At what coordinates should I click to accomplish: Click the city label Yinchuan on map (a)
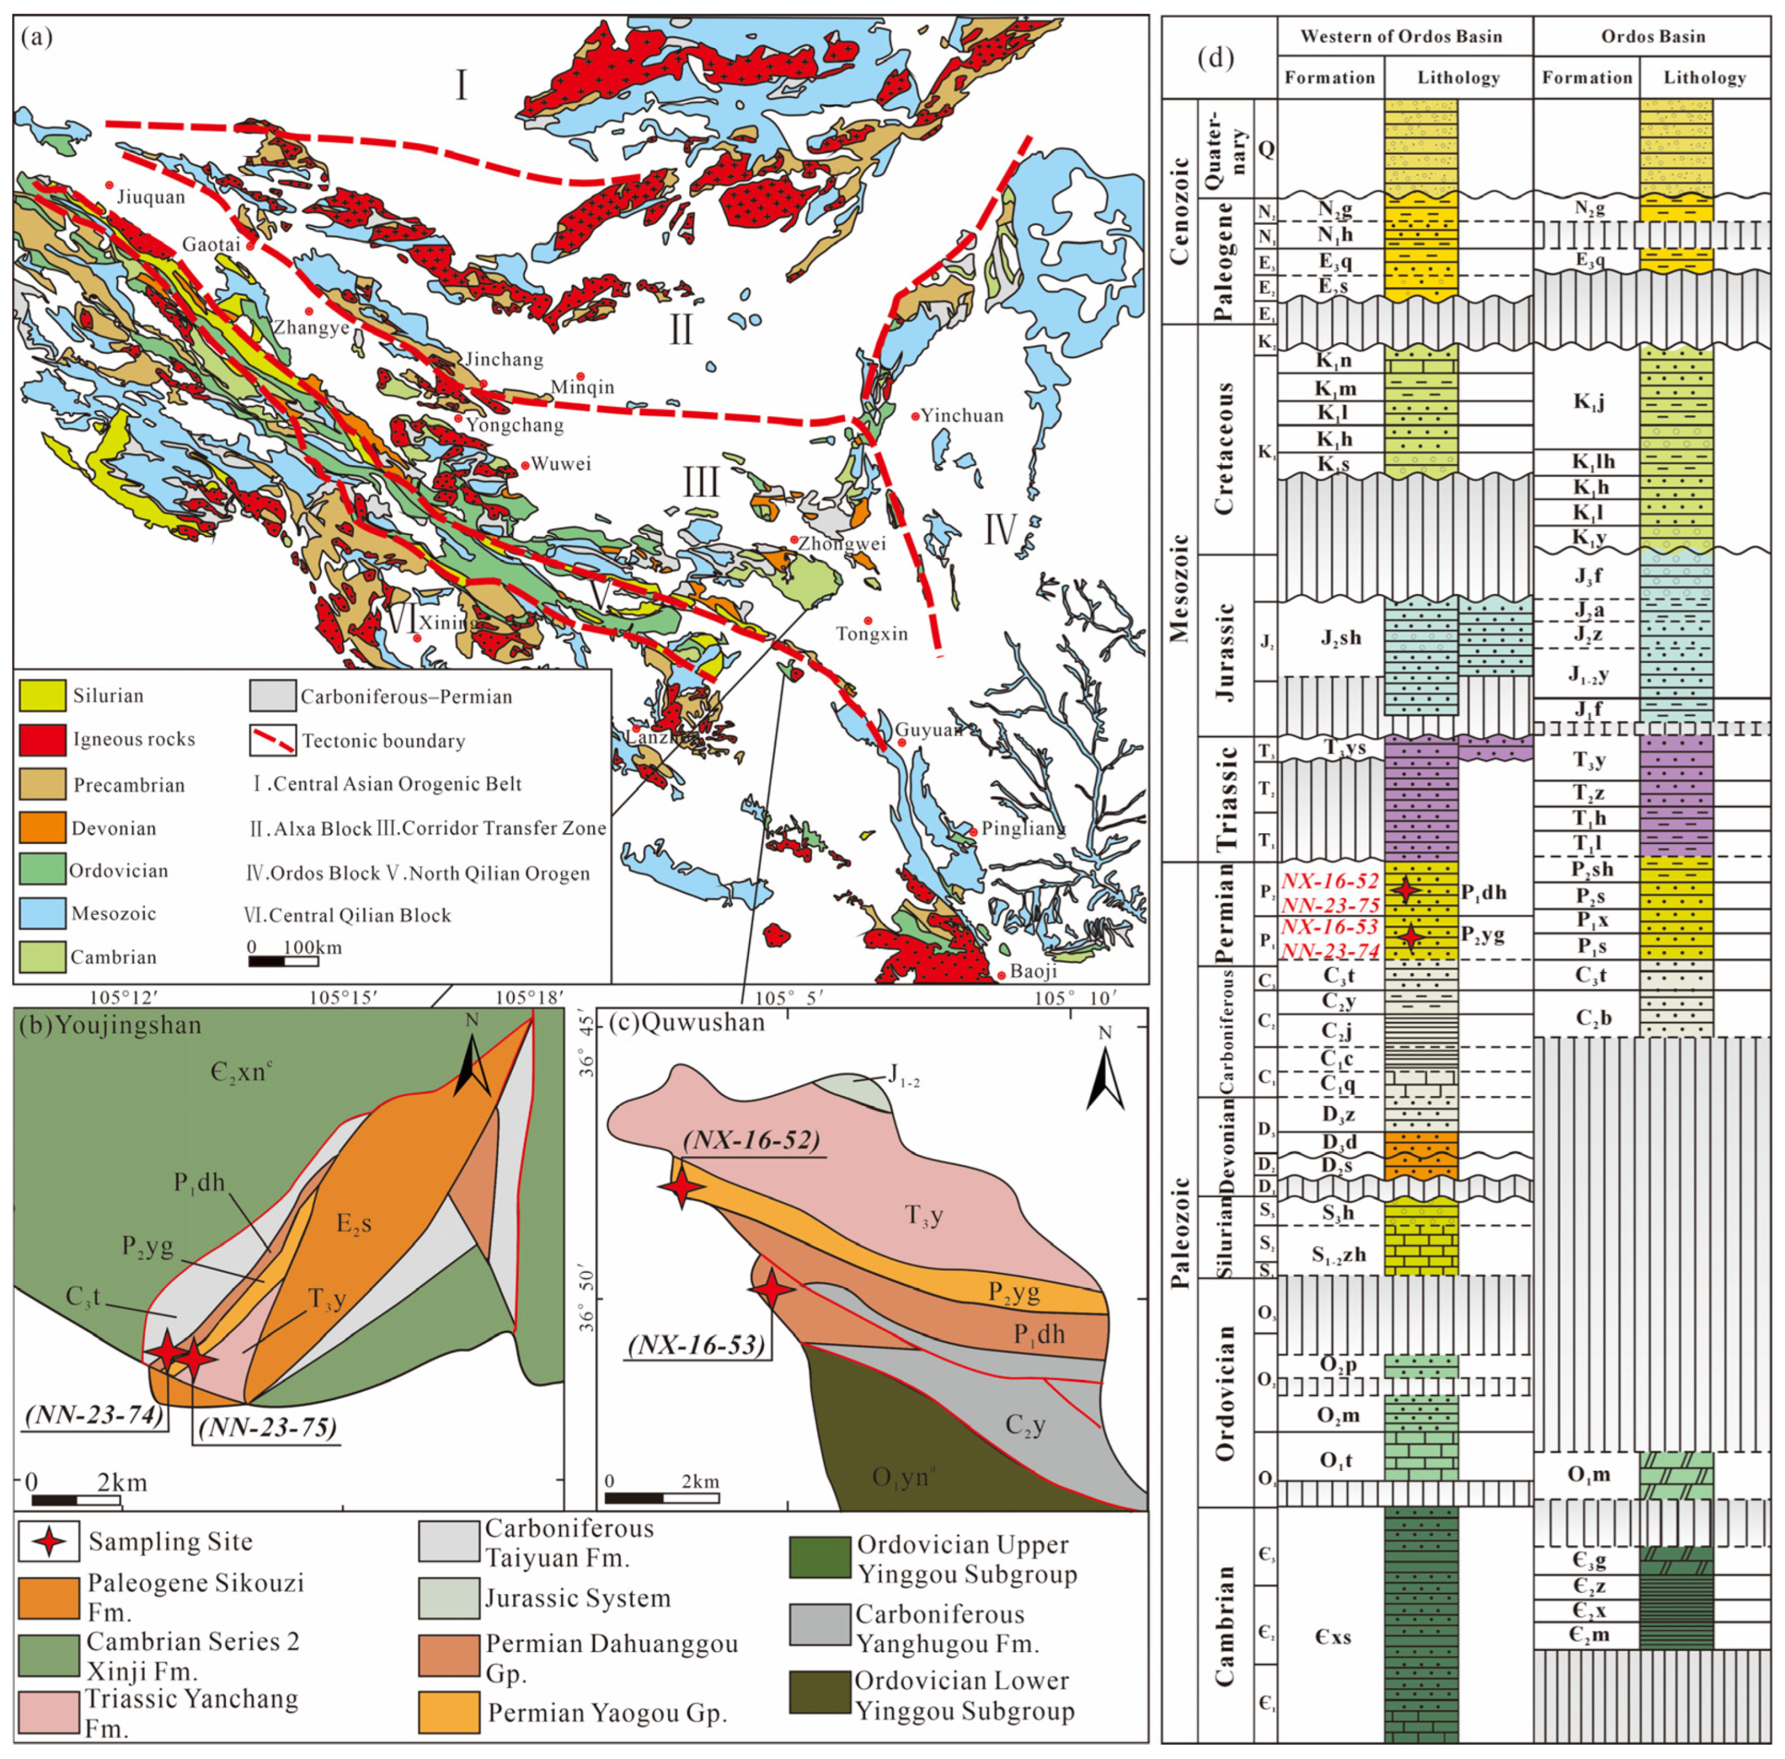(961, 416)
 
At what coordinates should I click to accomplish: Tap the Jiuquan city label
(150, 197)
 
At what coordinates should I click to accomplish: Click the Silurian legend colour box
(42, 695)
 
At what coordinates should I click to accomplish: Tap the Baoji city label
(1032, 972)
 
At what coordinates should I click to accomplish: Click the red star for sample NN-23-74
(167, 1351)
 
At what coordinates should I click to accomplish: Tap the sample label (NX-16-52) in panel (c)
(752, 1139)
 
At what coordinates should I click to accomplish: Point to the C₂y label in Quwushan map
(1025, 1426)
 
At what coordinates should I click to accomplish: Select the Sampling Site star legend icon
(49, 1541)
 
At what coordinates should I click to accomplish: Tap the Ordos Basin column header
(1653, 36)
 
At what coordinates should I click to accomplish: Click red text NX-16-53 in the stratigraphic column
(1329, 926)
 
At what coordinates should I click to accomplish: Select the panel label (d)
(1215, 57)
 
